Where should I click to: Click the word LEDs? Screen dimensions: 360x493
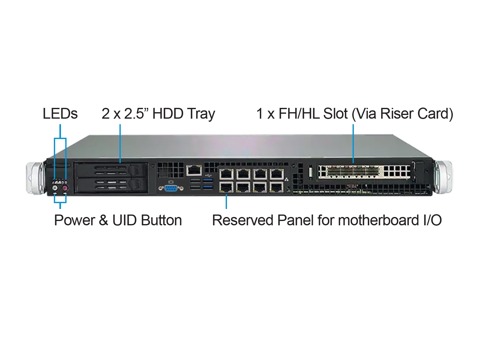coord(60,114)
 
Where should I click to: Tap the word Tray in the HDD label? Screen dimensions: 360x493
coord(201,114)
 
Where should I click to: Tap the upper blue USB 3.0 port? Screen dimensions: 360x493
coord(208,181)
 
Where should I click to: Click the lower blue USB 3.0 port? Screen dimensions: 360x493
coord(208,187)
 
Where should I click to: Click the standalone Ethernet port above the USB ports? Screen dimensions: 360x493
coord(194,170)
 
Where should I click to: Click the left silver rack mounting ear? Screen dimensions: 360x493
coord(34,178)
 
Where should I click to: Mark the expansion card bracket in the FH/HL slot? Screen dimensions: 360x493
coord(363,171)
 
